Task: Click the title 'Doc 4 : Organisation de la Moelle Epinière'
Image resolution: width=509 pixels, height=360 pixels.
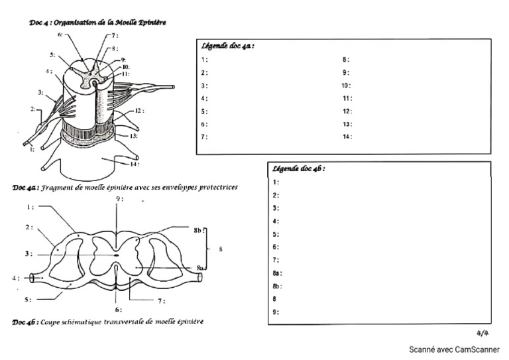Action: tap(97, 22)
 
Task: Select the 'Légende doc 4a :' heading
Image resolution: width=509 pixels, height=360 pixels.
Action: tap(227, 46)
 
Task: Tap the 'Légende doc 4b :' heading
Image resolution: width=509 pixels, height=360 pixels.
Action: tap(298, 168)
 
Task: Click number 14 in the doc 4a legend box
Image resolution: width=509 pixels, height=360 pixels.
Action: tap(346, 137)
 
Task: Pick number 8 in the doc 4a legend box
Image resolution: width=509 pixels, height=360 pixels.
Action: tap(345, 60)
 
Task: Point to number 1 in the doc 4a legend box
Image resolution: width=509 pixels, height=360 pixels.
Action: tap(205, 60)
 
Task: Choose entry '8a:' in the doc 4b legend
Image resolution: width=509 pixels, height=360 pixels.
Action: tap(277, 273)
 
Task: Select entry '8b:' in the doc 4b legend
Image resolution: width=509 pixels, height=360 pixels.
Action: tap(277, 286)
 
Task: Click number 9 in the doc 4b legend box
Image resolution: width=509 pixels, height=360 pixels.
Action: tap(276, 312)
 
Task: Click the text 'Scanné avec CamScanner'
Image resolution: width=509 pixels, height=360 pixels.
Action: tap(454, 349)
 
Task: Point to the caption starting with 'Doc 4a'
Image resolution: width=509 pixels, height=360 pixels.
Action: tap(125, 188)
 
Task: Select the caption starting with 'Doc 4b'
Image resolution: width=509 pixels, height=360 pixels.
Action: tap(108, 322)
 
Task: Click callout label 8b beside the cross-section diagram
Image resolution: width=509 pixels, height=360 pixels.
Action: tap(198, 230)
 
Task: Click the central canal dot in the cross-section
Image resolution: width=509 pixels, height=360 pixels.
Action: tap(117, 253)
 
